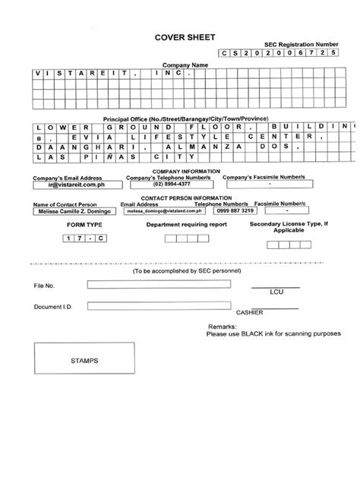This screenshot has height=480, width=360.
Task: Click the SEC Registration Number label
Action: (x=302, y=45)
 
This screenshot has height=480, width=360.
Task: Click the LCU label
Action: (x=276, y=292)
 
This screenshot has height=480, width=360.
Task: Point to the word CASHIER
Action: (x=250, y=312)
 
